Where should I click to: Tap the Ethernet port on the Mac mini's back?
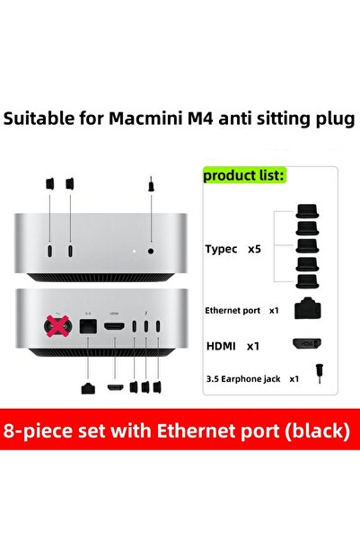pyautogui.click(x=89, y=329)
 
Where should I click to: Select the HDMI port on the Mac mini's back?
pyautogui.click(x=114, y=328)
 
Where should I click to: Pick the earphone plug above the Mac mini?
pyautogui.click(x=148, y=188)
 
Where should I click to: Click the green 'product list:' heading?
pyautogui.click(x=244, y=176)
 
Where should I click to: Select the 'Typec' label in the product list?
pyautogui.click(x=222, y=249)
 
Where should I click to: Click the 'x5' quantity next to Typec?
pyautogui.click(x=254, y=249)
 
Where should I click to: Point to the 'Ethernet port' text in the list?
pyautogui.click(x=233, y=310)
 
